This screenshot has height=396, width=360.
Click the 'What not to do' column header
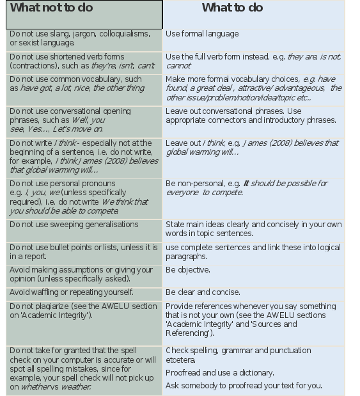point(52,8)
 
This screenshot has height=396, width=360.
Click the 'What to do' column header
point(232,8)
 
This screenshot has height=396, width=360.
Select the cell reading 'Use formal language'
point(202,34)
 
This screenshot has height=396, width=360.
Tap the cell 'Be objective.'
point(188,270)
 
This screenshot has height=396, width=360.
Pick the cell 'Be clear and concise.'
point(203,292)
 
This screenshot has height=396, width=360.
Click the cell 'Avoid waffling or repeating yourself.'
point(72,292)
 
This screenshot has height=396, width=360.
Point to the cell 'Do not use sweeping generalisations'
point(74,225)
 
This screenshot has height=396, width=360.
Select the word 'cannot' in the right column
point(178,66)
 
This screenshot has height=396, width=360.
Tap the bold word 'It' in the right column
point(246,184)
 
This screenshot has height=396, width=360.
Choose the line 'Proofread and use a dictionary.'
point(220,373)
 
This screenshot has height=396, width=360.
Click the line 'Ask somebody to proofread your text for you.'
point(244,386)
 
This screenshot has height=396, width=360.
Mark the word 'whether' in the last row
point(36,387)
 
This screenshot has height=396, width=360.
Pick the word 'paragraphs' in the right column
point(187,257)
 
